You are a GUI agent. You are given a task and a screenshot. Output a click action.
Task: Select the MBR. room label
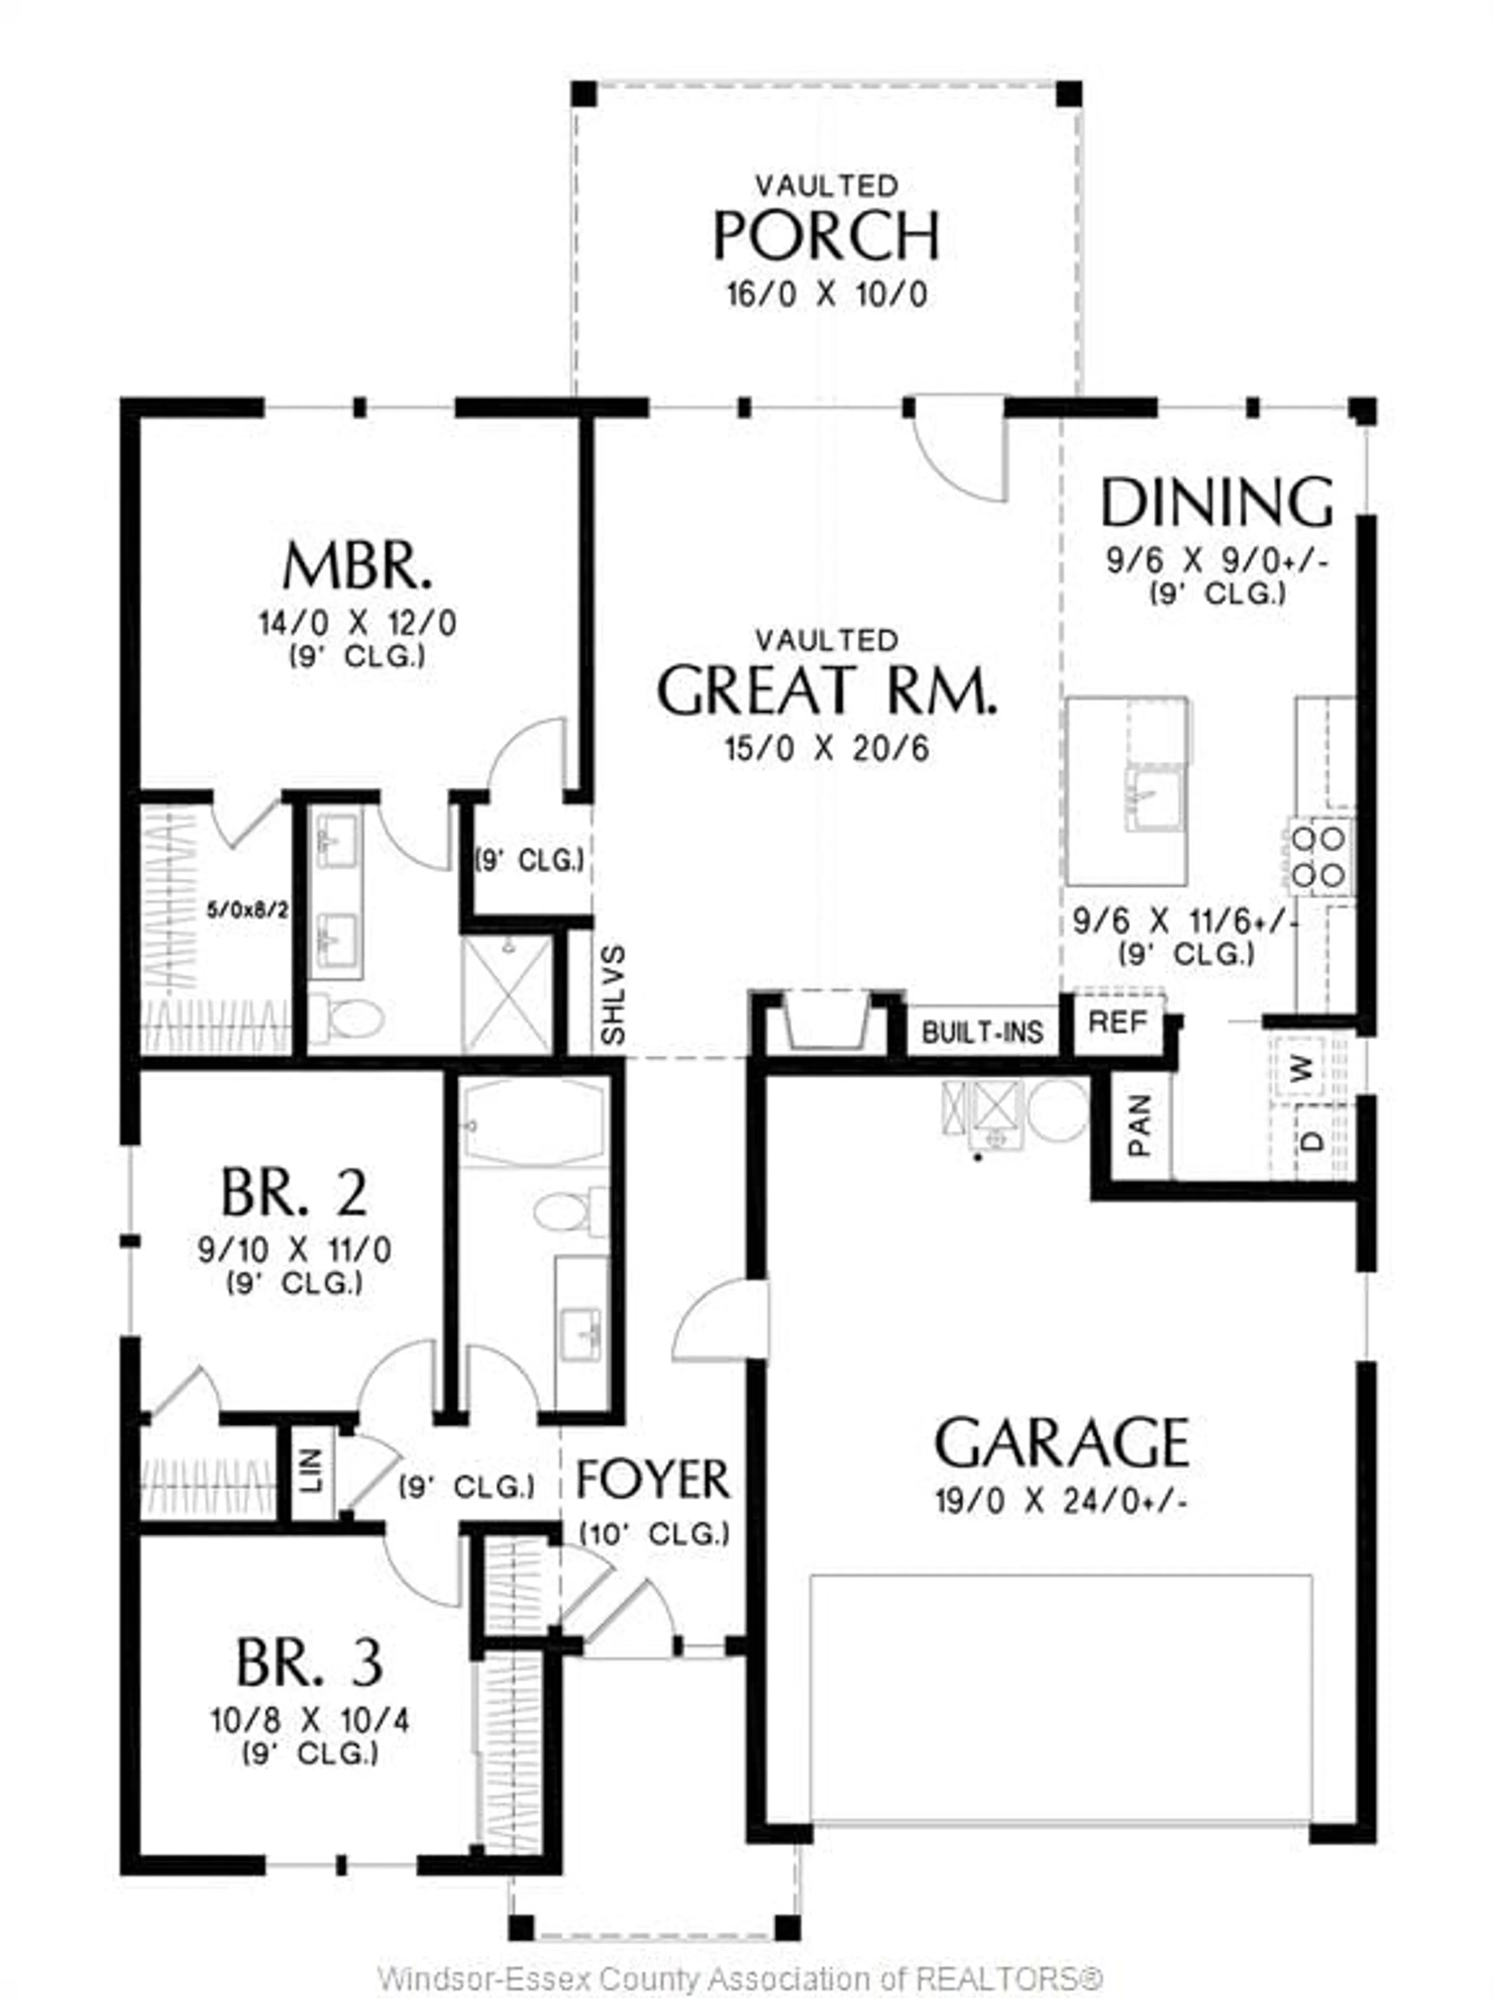click(x=357, y=567)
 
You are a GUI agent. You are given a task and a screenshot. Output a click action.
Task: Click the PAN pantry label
click(x=1140, y=1125)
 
